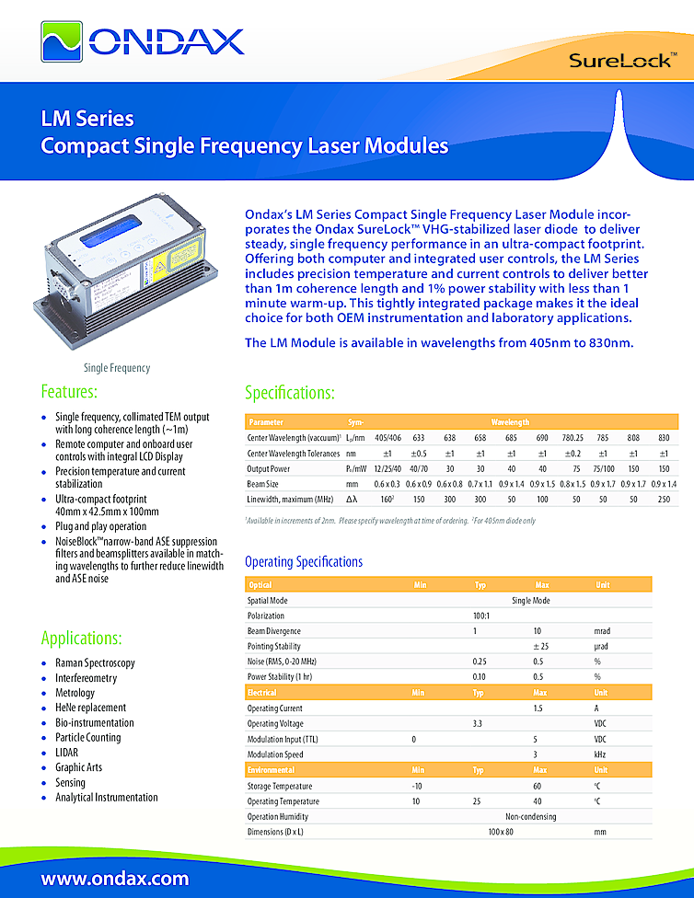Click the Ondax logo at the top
coord(143,40)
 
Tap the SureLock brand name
coord(624,62)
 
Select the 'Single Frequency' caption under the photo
coord(117,368)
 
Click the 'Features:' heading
coord(69,392)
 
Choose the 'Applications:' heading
coord(82,638)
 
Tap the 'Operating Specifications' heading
coord(304,561)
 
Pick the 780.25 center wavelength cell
coord(573,437)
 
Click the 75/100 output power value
coord(603,468)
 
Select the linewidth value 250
coord(664,499)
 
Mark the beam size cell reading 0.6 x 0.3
coord(387,484)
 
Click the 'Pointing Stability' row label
coord(279,647)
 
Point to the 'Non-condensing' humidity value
coord(531,816)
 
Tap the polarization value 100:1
coord(479,616)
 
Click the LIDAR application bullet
coord(67,753)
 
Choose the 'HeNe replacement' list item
coord(90,708)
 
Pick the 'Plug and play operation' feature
coord(100,526)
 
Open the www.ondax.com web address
coord(115,878)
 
